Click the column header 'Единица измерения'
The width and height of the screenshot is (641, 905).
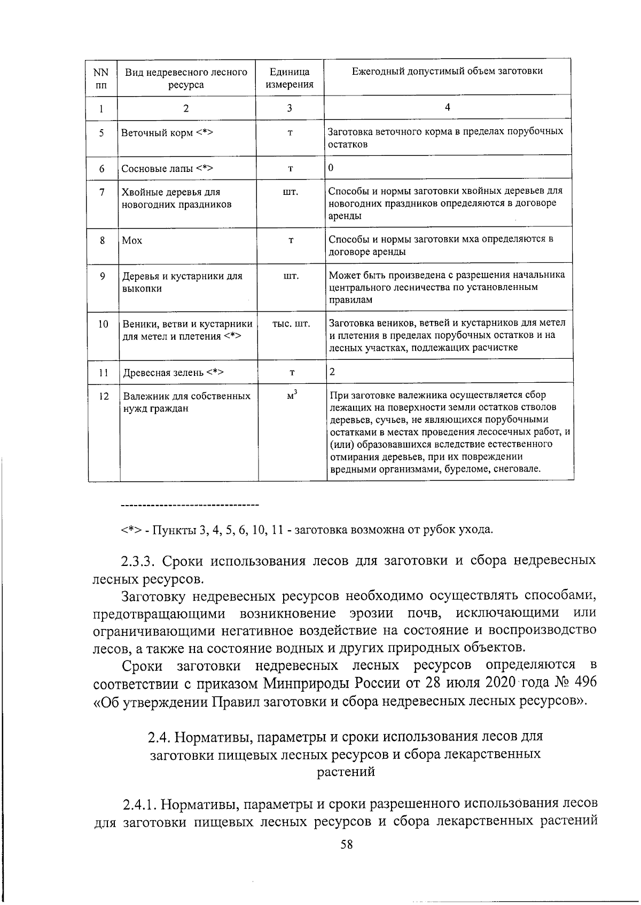click(x=290, y=78)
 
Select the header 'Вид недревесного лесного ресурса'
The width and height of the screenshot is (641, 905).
click(x=186, y=78)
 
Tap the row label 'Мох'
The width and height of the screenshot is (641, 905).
click(x=132, y=241)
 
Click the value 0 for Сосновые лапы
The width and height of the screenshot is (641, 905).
click(x=331, y=168)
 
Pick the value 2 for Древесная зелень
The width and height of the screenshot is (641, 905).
click(x=332, y=372)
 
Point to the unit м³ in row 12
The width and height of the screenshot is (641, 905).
click(x=292, y=396)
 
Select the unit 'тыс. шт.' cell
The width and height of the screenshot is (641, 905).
click(x=291, y=324)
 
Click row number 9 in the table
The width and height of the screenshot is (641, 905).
click(x=103, y=276)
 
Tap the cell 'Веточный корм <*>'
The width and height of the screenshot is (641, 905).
click(x=167, y=133)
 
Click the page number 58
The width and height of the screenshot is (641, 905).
click(x=347, y=844)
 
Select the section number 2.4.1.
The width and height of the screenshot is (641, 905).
click(x=139, y=804)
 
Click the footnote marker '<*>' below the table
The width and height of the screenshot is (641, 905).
click(x=130, y=530)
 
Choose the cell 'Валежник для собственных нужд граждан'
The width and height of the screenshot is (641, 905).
click(x=186, y=403)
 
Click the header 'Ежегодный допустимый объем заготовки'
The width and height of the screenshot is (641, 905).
click(x=447, y=71)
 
